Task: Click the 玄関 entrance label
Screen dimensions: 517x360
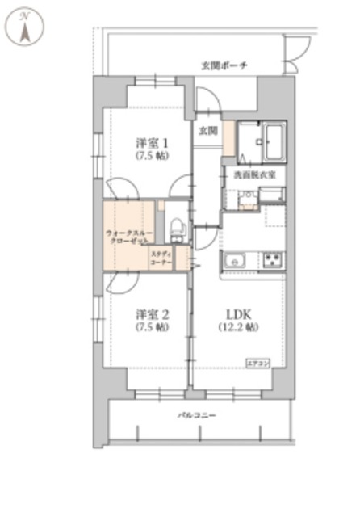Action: tap(207, 129)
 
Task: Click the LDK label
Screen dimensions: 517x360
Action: tap(237, 313)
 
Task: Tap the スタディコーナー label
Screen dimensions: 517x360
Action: tap(161, 258)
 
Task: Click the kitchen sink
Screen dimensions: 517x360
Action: tap(236, 260)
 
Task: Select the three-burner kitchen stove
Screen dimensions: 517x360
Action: tap(272, 260)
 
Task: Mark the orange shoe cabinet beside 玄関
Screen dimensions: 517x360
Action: tap(228, 139)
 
